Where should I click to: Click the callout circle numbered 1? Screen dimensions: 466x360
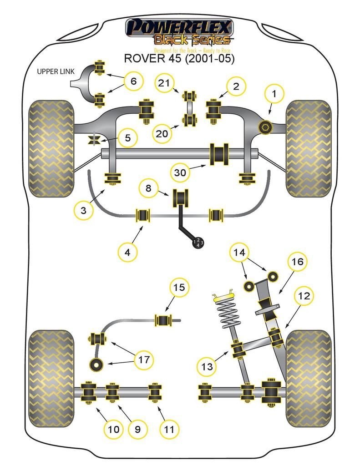pos(274,94)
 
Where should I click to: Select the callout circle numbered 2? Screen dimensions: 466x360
pos(236,86)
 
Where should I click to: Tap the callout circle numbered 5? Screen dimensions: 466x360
pos(128,137)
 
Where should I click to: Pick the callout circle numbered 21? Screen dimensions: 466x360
pos(167,83)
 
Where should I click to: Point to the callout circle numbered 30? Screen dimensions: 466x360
pos(180,173)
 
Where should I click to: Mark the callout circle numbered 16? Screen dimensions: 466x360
pos(297,262)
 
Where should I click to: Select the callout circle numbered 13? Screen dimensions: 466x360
pos(207,366)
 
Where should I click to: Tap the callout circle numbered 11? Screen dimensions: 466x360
pos(169,429)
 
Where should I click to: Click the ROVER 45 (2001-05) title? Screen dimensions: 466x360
pos(180,59)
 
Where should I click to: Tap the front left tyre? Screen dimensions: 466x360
pos(51,149)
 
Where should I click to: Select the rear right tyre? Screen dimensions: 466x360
pos(309,378)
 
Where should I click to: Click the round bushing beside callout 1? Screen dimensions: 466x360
pos(264,127)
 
